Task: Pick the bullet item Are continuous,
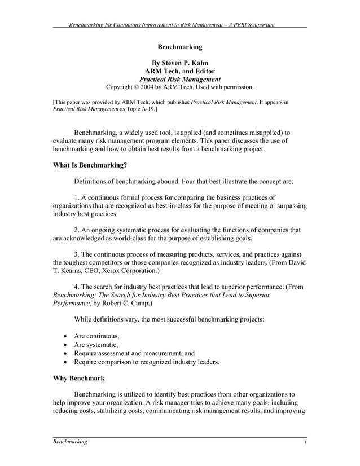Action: tap(96, 336)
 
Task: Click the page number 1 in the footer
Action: tap(305, 442)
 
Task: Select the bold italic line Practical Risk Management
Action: tap(179, 79)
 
